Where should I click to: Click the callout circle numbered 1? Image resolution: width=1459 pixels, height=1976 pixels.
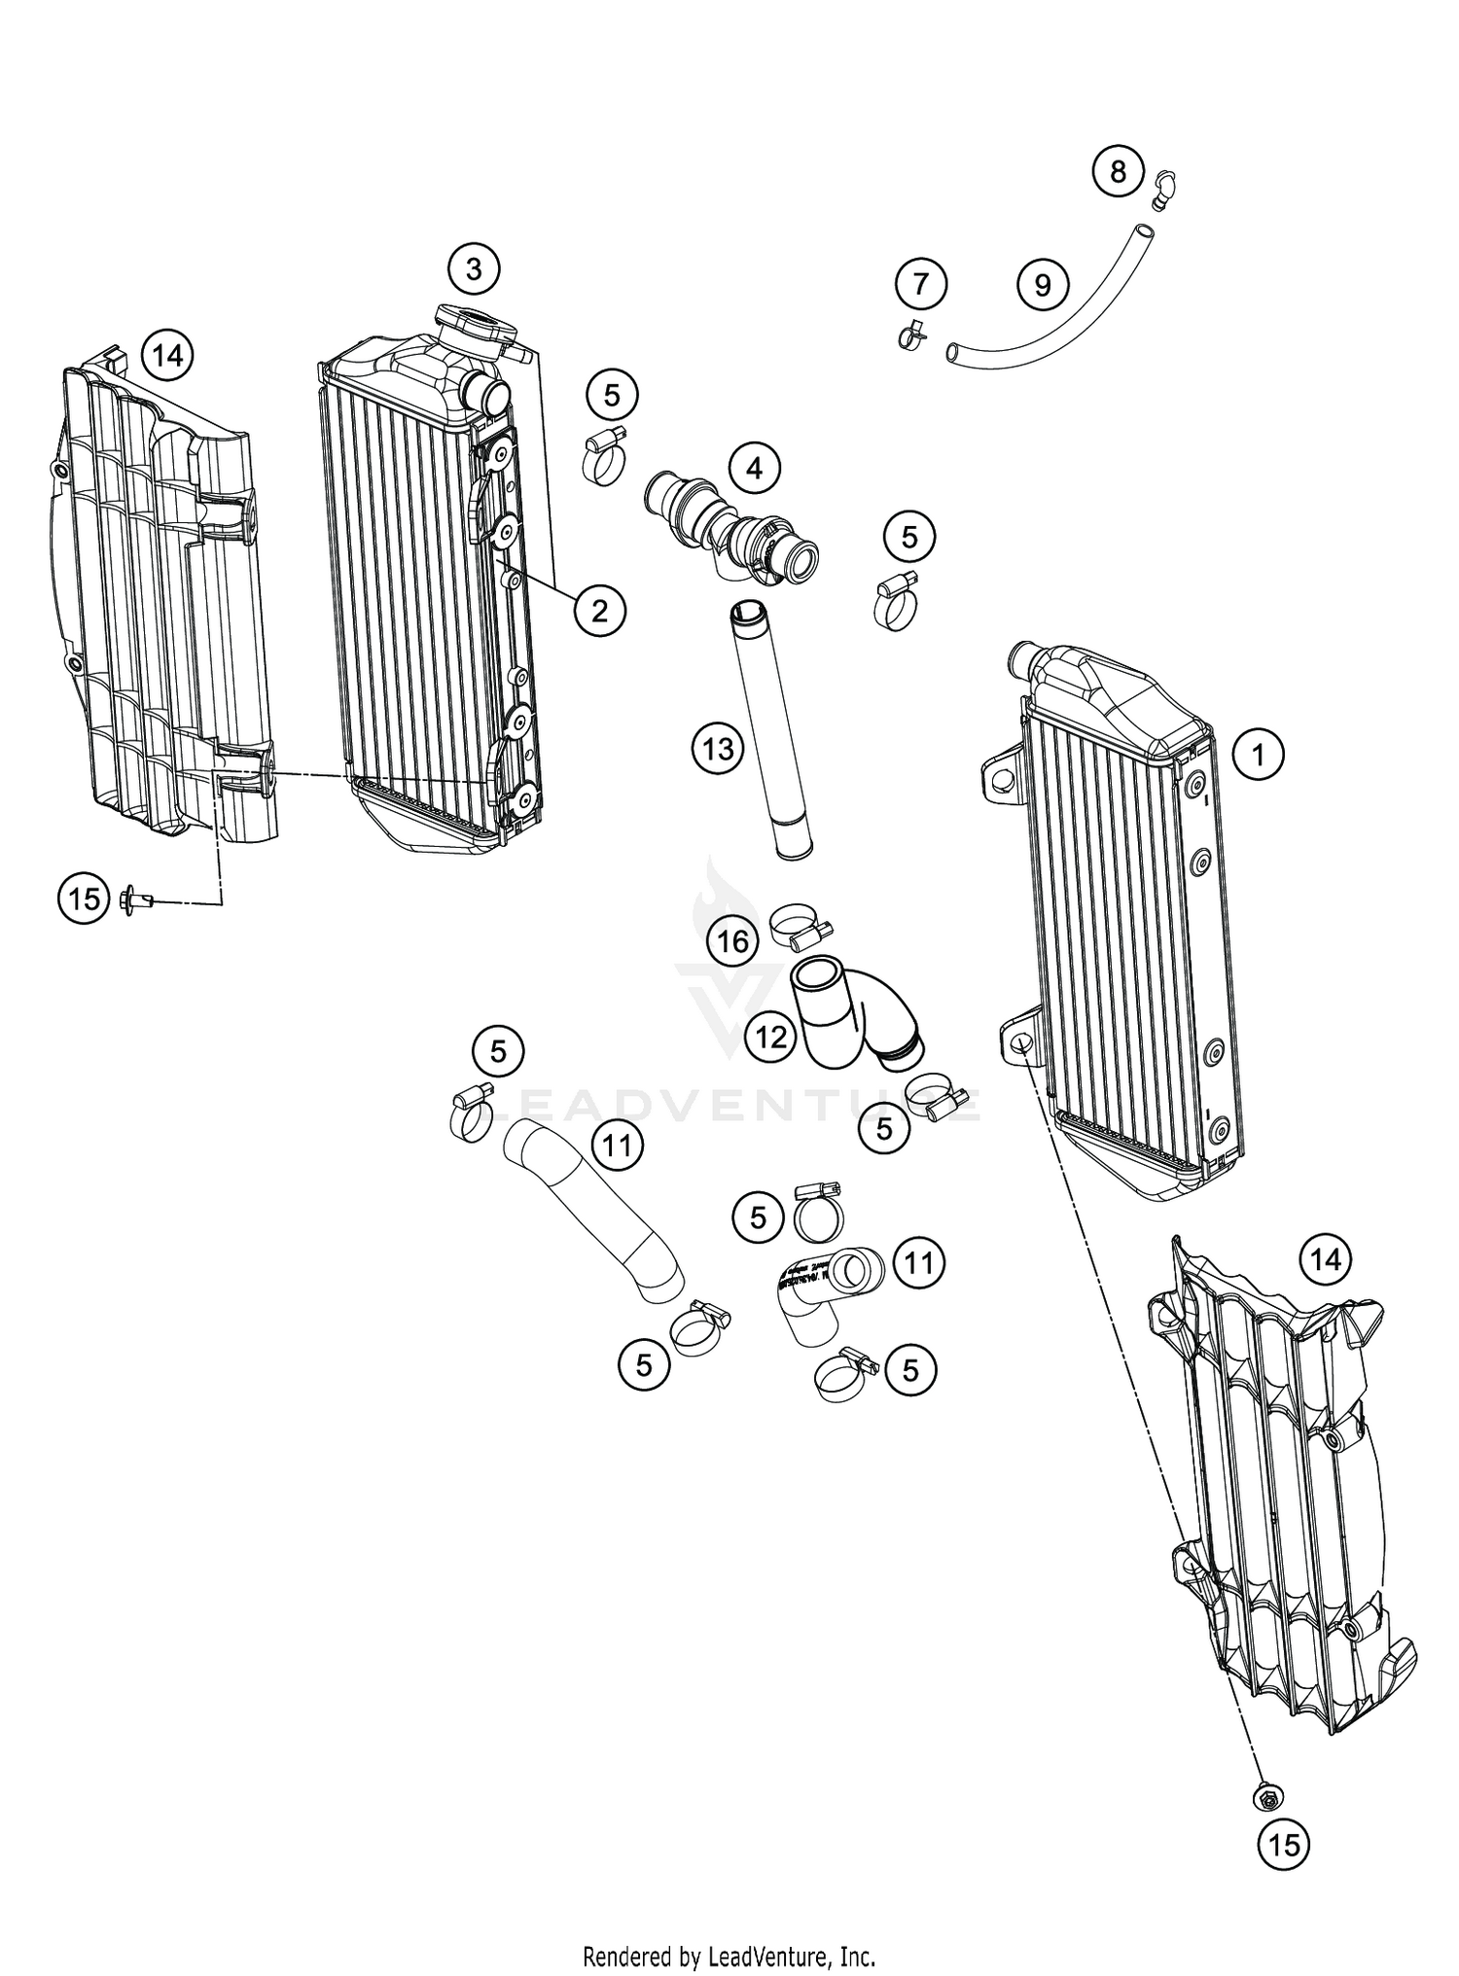pos(1259,754)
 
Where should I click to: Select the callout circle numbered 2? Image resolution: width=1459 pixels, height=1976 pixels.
pos(599,611)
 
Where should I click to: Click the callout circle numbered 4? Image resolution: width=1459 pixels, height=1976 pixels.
pos(755,469)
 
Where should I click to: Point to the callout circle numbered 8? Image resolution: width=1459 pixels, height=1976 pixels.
pos(1118,172)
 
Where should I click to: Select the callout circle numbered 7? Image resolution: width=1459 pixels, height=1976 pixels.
pos(920,285)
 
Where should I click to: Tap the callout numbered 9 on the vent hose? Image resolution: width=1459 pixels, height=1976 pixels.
pos(1043,286)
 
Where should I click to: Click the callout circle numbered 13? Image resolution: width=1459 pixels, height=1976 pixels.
pos(718,750)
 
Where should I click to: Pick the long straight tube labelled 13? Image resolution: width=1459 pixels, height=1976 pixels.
pos(770,729)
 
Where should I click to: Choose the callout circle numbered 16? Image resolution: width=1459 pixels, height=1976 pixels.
pos(734,940)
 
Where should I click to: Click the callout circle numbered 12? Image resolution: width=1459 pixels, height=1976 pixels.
pos(770,1038)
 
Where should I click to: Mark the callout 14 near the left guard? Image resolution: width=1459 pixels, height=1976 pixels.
pos(167,356)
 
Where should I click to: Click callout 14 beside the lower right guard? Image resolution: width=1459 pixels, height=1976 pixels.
pos(1325,1260)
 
